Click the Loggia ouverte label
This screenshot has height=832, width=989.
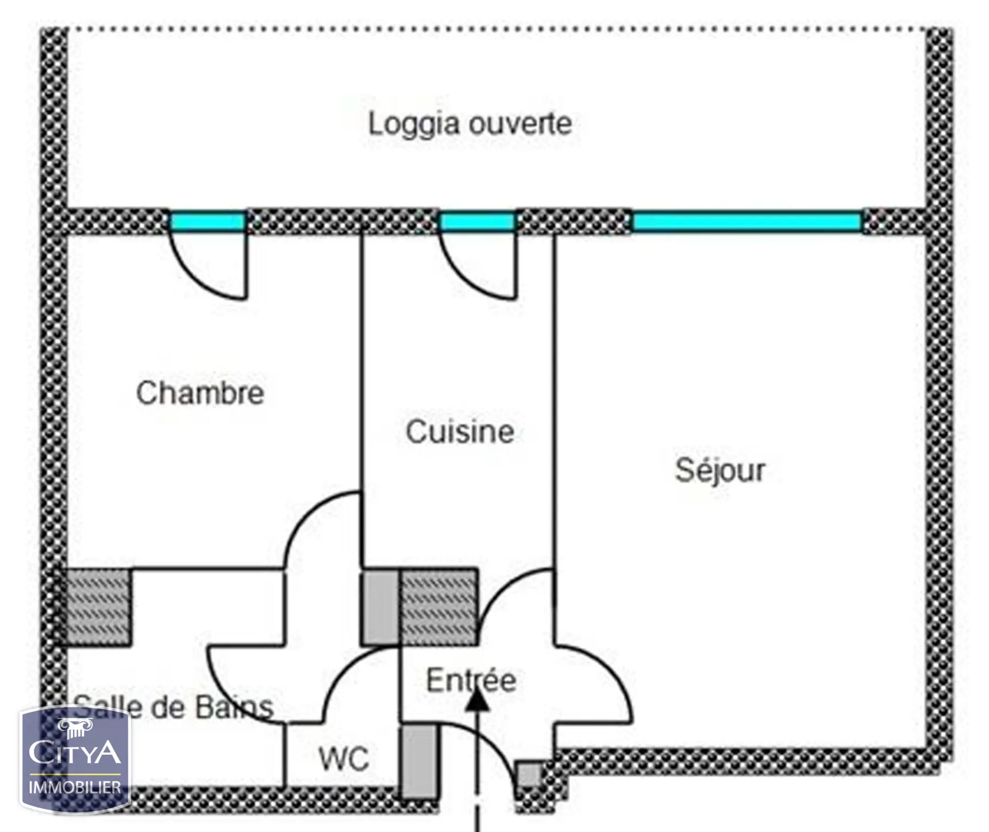pyautogui.click(x=470, y=124)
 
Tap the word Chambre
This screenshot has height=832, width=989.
pyautogui.click(x=200, y=393)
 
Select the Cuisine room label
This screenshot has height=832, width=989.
pyautogui.click(x=460, y=432)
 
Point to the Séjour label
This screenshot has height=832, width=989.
pyautogui.click(x=720, y=470)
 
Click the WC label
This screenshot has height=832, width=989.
pyautogui.click(x=344, y=759)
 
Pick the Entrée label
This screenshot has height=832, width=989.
pyautogui.click(x=471, y=680)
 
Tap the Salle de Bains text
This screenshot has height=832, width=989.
pyautogui.click(x=173, y=707)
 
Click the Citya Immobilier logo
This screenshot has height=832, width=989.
pyautogui.click(x=75, y=759)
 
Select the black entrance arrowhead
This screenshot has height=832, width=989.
pyautogui.click(x=477, y=698)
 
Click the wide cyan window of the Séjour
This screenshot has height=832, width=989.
pyautogui.click(x=747, y=222)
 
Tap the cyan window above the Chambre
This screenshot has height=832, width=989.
pyautogui.click(x=207, y=222)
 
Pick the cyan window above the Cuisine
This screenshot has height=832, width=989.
pyautogui.click(x=477, y=222)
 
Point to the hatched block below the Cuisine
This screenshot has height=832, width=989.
pyautogui.click(x=438, y=607)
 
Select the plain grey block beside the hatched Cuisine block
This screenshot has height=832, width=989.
pyautogui.click(x=380, y=607)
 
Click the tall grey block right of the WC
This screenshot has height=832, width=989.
pyautogui.click(x=419, y=762)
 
